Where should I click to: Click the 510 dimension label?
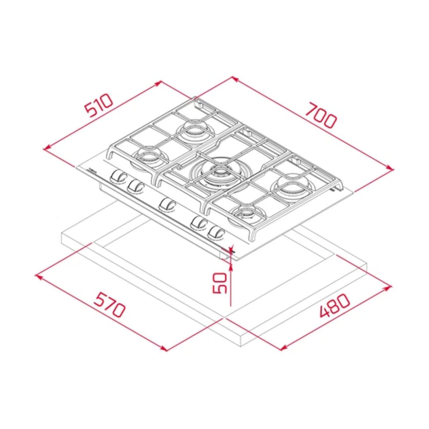coord(99,105)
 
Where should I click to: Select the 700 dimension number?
coord(321,115)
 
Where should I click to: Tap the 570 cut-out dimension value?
coord(110,305)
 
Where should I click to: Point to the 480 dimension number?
coord(334,305)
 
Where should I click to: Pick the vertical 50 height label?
coord(220,283)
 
